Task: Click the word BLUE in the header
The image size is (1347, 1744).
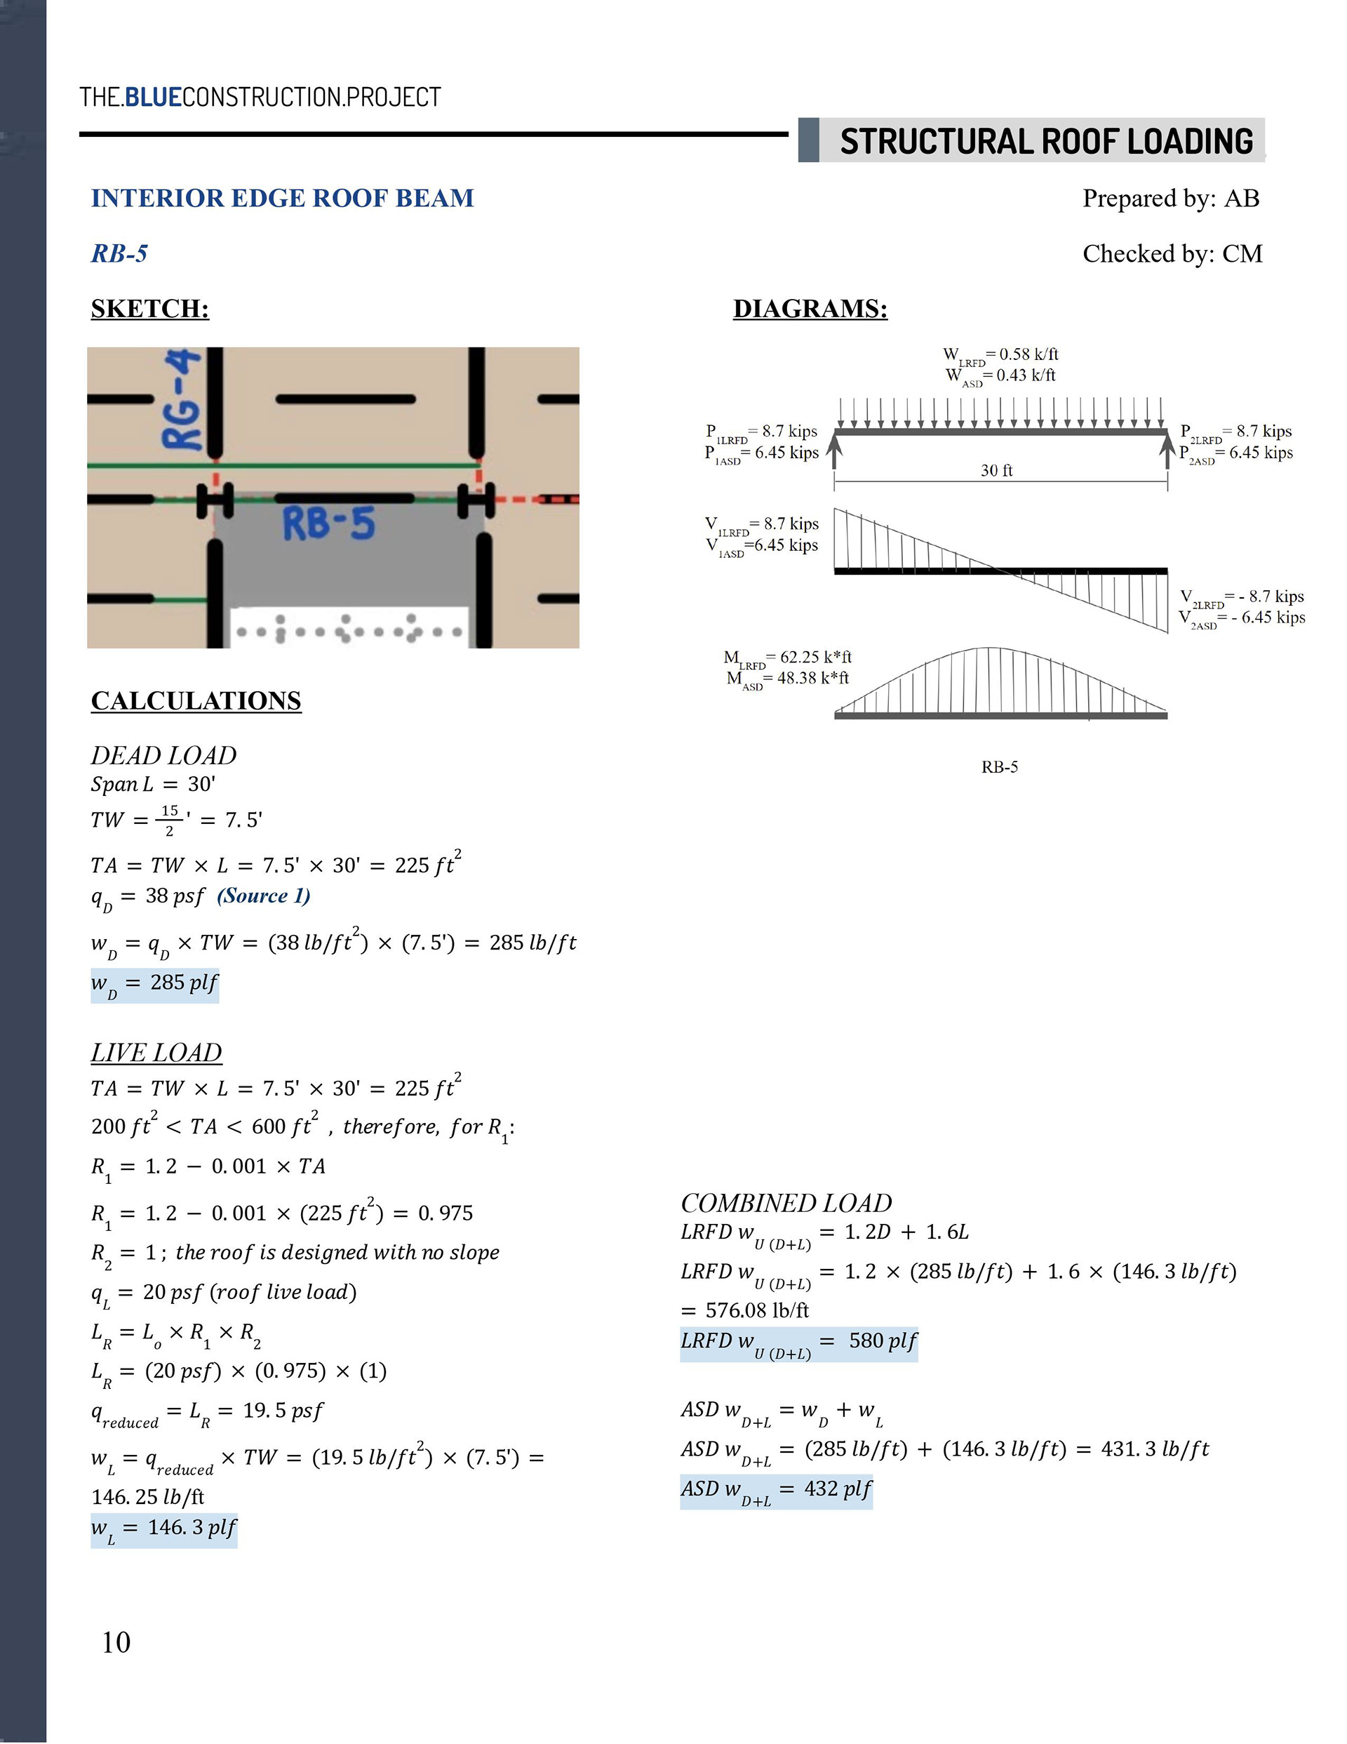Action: (154, 98)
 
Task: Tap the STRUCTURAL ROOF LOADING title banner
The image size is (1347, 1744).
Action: (1046, 141)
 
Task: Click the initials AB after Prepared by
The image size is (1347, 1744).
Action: (1242, 198)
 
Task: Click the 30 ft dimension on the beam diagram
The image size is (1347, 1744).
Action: (996, 471)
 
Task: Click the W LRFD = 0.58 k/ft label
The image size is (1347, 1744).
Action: (1001, 354)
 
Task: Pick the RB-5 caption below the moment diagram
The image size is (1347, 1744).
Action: (1000, 767)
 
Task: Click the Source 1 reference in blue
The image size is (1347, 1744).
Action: (264, 896)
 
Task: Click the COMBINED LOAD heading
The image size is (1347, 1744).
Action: (786, 1203)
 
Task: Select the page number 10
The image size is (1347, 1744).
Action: (116, 1642)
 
